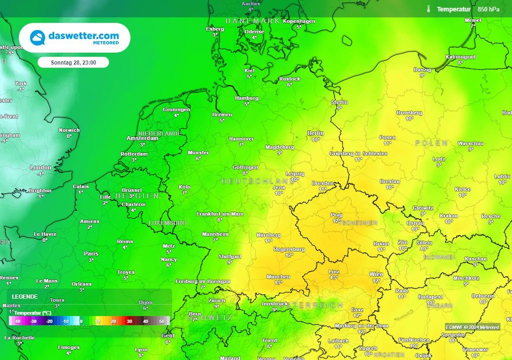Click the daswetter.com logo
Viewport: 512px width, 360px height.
[x=74, y=37]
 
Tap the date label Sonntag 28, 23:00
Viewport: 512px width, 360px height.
[x=73, y=62]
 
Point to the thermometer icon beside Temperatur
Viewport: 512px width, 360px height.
[x=428, y=9]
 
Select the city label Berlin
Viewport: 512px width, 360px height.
[x=315, y=133]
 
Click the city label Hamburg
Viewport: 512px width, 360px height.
[x=246, y=98]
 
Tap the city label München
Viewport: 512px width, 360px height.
[x=278, y=276]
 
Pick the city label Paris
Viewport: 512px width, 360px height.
[x=91, y=253]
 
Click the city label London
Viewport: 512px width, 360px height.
[x=40, y=167]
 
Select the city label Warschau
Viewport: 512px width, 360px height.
[x=470, y=143]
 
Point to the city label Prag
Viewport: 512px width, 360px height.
[x=336, y=215]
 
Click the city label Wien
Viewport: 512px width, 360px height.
[x=376, y=274]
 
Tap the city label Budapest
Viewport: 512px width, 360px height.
[x=430, y=296]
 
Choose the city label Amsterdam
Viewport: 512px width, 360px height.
[x=142, y=138]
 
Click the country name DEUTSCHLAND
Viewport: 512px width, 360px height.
[x=257, y=180]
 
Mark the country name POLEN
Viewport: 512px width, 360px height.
[x=431, y=143]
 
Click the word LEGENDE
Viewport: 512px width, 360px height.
[x=24, y=296]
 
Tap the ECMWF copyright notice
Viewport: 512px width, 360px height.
[x=472, y=327]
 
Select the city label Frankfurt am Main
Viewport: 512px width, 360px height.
[x=220, y=214]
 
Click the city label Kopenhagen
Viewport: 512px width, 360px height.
[x=299, y=21]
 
